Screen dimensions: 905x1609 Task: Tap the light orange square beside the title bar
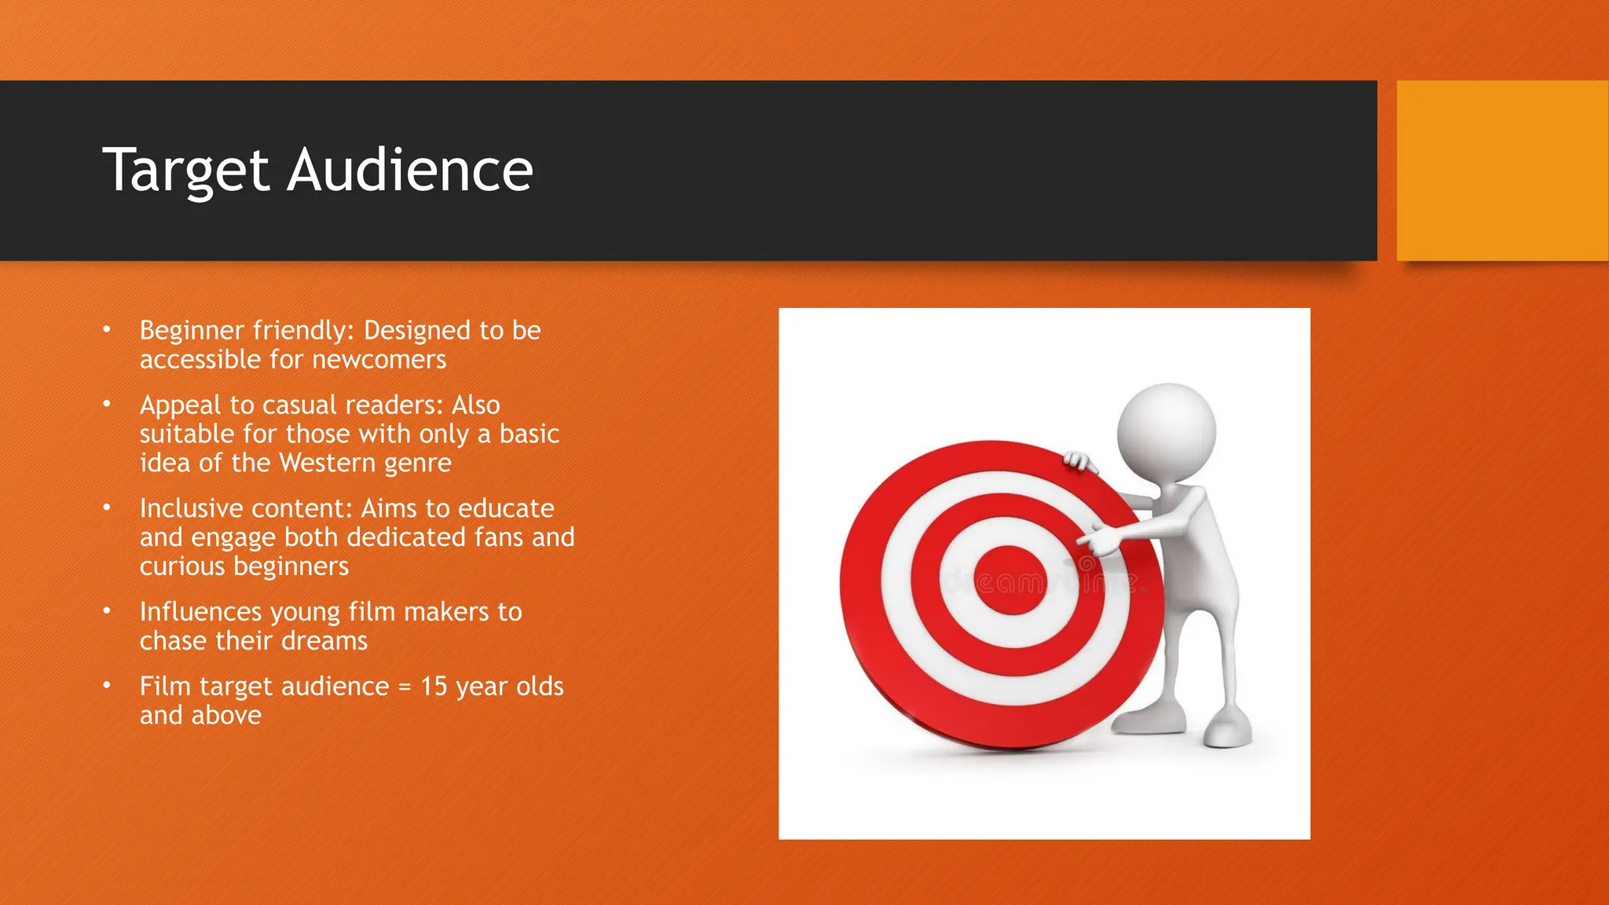point(1502,170)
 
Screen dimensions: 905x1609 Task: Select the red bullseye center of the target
point(1010,581)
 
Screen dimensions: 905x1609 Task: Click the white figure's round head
point(1167,431)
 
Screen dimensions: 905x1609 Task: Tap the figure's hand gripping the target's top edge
point(1079,461)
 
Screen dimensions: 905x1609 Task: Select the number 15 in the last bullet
point(434,687)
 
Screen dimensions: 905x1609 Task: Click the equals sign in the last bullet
point(405,687)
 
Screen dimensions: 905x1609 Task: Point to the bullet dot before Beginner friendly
point(107,329)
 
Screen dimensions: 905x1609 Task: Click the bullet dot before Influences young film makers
point(107,610)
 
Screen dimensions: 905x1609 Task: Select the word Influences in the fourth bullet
point(200,612)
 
